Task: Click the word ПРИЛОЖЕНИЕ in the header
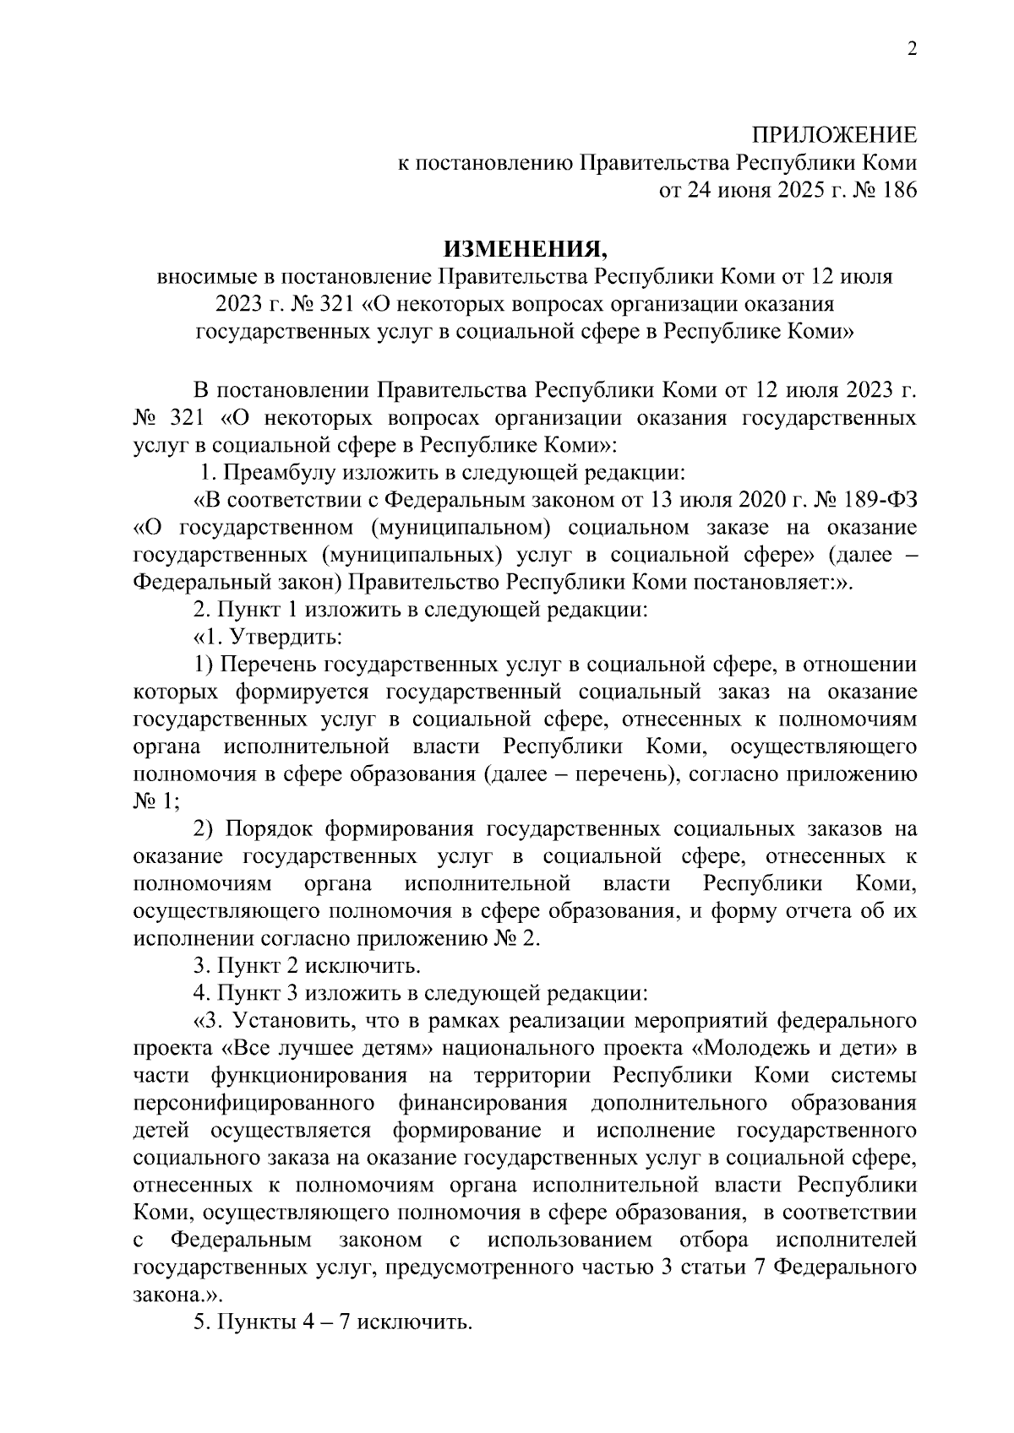(834, 136)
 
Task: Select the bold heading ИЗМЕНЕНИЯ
(525, 249)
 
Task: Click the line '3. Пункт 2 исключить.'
(308, 966)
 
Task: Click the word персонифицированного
(254, 1104)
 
